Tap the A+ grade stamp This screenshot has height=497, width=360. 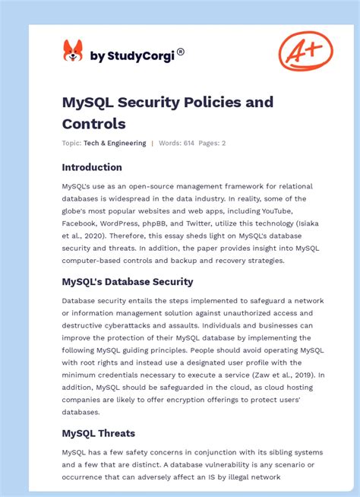tap(305, 52)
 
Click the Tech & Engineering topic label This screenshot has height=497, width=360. tap(115, 143)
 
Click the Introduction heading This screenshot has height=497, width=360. tap(92, 167)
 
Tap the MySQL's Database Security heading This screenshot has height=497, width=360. tap(128, 281)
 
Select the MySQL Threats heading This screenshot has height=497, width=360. tap(99, 433)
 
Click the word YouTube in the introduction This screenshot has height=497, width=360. tap(290, 211)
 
